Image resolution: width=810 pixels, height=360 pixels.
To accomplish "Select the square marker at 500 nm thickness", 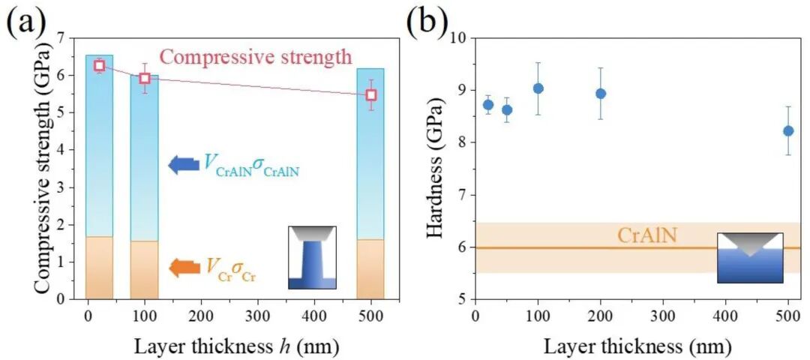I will click(370, 95).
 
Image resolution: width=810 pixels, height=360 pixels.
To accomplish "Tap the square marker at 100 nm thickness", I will click(145, 78).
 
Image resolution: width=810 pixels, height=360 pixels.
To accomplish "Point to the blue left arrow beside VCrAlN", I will click(182, 164).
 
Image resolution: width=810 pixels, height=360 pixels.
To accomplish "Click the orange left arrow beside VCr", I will click(182, 267).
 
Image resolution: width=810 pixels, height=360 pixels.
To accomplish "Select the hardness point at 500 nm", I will click(787, 130).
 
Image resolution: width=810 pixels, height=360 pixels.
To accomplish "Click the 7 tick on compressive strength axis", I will click(60, 37).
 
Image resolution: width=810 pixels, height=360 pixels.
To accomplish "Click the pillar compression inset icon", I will click(312, 257).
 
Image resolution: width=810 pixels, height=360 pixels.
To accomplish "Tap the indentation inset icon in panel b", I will click(750, 257).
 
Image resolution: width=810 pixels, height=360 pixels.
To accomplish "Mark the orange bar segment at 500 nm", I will click(370, 268).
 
